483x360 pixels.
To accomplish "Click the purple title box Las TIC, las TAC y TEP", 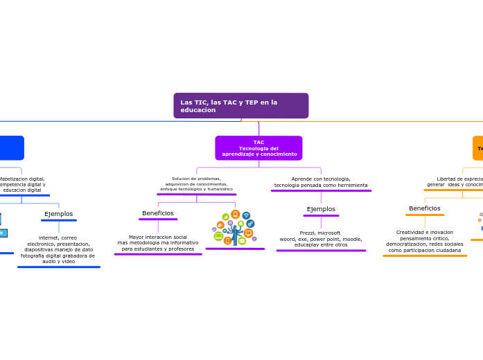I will [x=240, y=105].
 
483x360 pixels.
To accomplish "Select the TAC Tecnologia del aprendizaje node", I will [x=258, y=148].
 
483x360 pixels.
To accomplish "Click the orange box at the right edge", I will [x=477, y=148].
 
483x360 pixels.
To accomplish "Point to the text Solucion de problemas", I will [x=196, y=179].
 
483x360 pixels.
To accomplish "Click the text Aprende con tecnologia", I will [x=321, y=179].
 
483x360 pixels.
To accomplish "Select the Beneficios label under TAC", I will [x=158, y=213].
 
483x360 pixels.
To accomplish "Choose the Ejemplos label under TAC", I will [x=321, y=209].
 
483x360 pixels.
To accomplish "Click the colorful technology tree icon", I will [x=235, y=228].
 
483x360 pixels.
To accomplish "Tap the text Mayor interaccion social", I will [x=158, y=237].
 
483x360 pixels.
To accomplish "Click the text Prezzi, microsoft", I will [x=320, y=233].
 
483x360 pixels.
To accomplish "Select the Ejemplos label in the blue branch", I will [x=58, y=214].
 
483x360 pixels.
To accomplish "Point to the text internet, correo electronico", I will [x=58, y=240].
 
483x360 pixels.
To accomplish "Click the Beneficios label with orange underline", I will [x=425, y=208].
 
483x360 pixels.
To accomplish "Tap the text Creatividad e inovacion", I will [x=425, y=233].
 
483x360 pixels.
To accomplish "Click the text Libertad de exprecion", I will [x=459, y=179].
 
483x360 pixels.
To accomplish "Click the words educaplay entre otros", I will [x=321, y=244].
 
